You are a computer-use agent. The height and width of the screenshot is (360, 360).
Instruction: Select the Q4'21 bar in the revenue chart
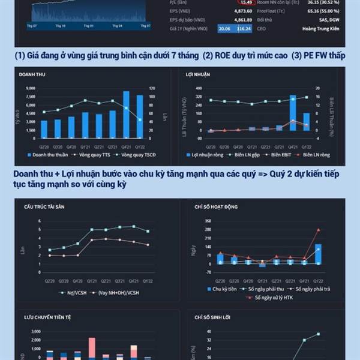tap(127, 114)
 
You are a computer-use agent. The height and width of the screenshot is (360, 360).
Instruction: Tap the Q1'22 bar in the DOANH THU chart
tap(140, 116)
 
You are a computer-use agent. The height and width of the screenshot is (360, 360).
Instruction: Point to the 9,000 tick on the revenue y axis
tap(31, 88)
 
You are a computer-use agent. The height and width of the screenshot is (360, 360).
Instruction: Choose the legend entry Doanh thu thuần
tap(47, 155)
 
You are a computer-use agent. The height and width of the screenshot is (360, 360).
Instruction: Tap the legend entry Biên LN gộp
tap(248, 155)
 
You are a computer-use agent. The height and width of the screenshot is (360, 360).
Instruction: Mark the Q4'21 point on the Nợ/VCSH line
tap(133, 226)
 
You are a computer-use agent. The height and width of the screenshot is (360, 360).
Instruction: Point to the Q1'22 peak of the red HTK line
tap(318, 230)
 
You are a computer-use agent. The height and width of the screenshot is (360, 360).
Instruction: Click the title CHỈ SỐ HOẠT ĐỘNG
tap(216, 206)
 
